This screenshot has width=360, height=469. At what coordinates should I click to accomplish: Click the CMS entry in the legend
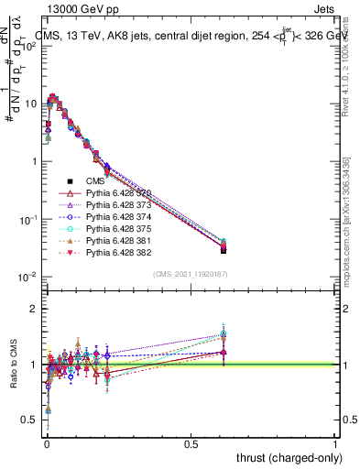[x=97, y=182]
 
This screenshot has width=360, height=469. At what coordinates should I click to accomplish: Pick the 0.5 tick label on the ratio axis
[x=27, y=420]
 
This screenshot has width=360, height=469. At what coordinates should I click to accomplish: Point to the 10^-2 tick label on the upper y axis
[x=23, y=278]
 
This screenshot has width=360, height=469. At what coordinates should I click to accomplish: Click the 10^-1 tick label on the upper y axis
[x=23, y=220]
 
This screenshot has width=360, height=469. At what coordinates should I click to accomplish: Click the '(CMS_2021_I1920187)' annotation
[x=191, y=274]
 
